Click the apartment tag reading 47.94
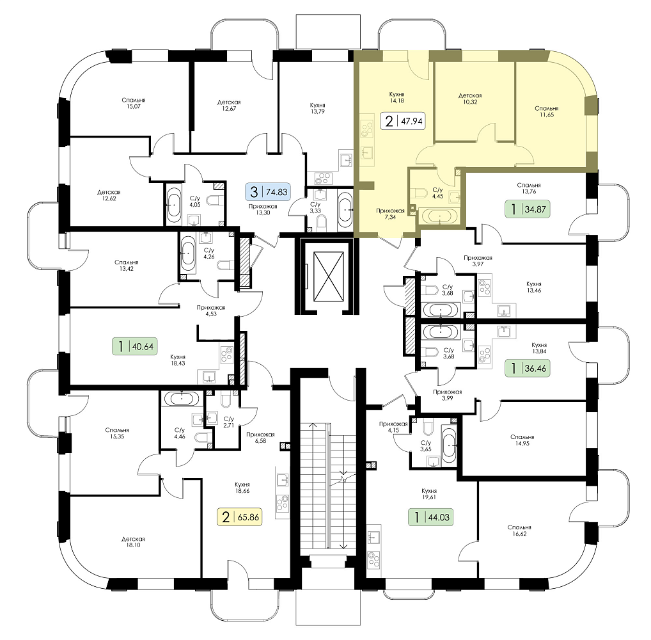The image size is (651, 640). pos(403,122)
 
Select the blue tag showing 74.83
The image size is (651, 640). pos(269,192)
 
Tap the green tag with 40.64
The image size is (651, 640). pos(136,346)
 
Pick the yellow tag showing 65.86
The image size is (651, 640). pos(240,517)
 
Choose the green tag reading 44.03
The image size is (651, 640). pos(431,517)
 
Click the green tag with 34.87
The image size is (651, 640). pos(528,209)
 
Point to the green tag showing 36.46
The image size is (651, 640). pos(528,368)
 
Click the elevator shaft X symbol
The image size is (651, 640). pos(329,276)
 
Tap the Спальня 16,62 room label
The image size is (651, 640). pos(519,531)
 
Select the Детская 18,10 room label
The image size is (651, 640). pos(133,542)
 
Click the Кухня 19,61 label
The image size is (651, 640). pos(428,493)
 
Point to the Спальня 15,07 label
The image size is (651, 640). pos(134,103)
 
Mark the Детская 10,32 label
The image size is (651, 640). pos(470,99)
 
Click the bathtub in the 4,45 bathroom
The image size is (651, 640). pos(439,217)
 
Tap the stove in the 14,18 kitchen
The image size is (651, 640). pos(366,129)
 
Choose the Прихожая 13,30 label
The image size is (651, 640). pos(263,209)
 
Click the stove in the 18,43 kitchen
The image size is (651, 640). pos(226,355)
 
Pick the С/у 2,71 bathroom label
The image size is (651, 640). pos(229,422)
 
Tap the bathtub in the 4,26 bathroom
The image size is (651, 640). pos(187,253)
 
